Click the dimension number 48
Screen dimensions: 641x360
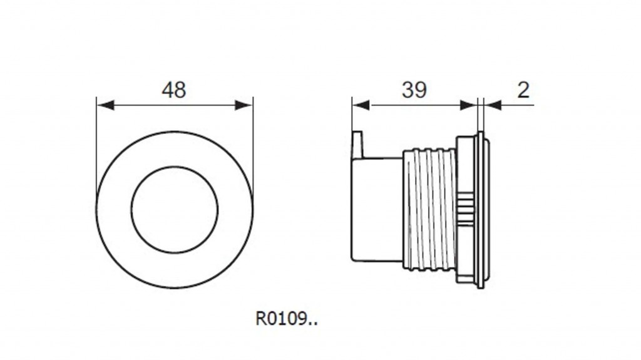click(x=174, y=90)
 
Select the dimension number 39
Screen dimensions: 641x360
click(x=414, y=90)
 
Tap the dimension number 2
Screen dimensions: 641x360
click(x=523, y=90)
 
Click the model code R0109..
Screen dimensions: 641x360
click(x=286, y=318)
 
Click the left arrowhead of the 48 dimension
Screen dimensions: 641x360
click(x=105, y=105)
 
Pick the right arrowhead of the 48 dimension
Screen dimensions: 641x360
click(x=244, y=105)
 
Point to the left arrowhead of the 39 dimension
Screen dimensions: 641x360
click(x=361, y=105)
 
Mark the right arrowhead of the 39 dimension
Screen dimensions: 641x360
click(x=468, y=105)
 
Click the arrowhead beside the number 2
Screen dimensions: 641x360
click(x=493, y=105)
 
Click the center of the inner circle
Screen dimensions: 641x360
click(x=175, y=210)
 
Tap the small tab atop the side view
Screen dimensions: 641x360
click(x=357, y=145)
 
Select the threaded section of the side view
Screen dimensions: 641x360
click(x=429, y=209)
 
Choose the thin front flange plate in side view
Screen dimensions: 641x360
click(x=481, y=210)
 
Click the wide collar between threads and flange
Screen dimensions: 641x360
click(x=466, y=210)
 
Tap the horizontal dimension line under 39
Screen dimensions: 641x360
click(x=414, y=105)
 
